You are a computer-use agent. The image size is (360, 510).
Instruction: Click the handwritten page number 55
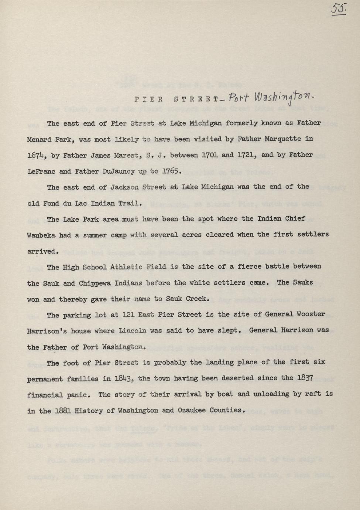[x=337, y=9]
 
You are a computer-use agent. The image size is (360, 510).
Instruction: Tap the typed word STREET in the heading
[x=194, y=99]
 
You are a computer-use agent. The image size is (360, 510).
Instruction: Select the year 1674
[x=36, y=156]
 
